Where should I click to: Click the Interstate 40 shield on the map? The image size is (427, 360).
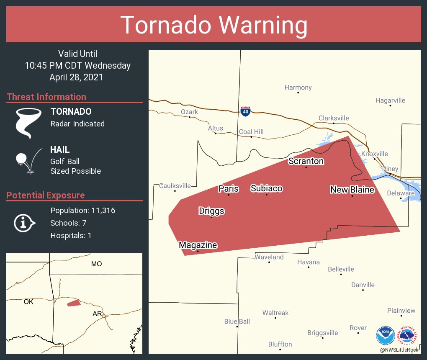point(246,111)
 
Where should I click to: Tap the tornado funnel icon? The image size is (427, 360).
point(28,123)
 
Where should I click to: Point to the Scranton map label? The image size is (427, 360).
point(306,161)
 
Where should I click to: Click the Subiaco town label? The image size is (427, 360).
point(266,188)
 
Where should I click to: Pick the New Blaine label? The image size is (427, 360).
point(352,190)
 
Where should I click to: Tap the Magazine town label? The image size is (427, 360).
point(198,245)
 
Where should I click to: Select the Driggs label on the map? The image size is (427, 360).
point(211,211)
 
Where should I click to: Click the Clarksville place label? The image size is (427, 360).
point(334,118)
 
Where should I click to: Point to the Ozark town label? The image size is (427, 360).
point(189,112)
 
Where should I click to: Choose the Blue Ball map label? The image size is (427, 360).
point(237,321)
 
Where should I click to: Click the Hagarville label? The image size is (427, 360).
point(390,100)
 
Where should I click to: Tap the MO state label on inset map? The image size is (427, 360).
point(96,264)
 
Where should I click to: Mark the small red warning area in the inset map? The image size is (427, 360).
point(74,303)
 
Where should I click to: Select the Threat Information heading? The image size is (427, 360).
point(46,97)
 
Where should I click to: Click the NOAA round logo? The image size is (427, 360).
point(386,335)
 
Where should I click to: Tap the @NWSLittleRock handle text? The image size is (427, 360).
point(399,350)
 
